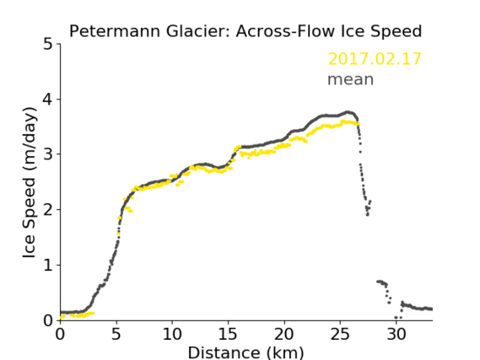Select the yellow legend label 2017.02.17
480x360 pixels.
(x=375, y=59)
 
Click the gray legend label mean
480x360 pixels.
(x=351, y=79)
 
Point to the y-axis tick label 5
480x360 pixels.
(x=48, y=45)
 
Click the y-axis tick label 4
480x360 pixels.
(x=48, y=99)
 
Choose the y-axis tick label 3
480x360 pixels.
(x=48, y=154)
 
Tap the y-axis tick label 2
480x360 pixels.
(x=48, y=210)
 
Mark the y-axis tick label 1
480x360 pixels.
(x=48, y=266)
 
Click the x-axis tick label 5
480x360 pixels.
(x=116, y=334)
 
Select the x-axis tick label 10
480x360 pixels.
(x=172, y=334)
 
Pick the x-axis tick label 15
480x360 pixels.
(x=228, y=334)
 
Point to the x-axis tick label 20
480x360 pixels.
(x=284, y=334)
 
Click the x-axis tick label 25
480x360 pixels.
(x=340, y=334)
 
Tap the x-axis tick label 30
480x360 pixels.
(x=396, y=334)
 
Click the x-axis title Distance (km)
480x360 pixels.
(x=245, y=353)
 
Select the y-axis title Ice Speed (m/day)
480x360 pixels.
(x=30, y=183)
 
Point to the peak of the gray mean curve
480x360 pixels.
(x=348, y=112)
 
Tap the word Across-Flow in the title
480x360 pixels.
(x=285, y=31)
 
